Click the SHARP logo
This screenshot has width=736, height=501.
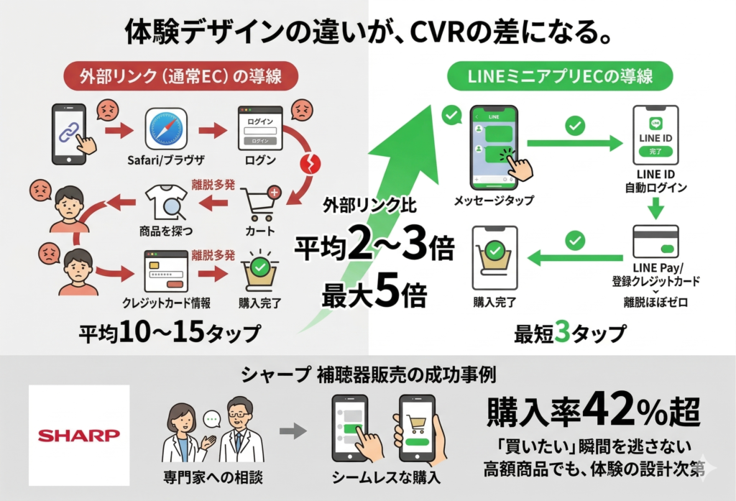coord(79,435)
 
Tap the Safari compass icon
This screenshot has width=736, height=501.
coord(166,130)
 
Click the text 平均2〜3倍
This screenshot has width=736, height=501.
coord(374,249)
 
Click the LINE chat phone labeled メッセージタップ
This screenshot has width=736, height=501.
coord(494,147)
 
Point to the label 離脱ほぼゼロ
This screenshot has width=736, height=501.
coord(655,303)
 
